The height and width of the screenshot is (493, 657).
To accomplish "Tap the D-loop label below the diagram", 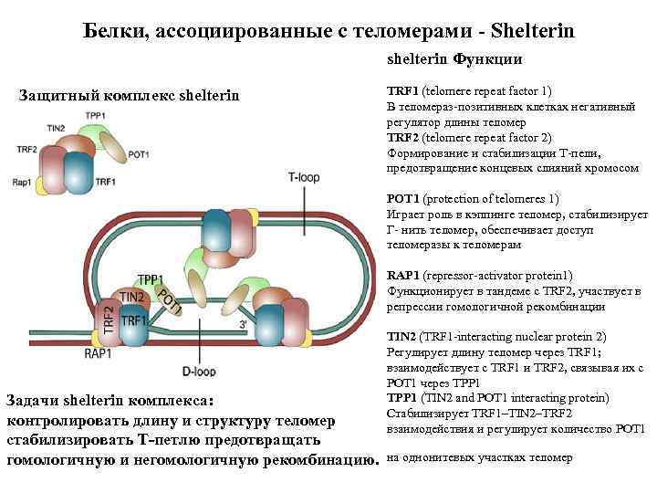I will (x=198, y=371).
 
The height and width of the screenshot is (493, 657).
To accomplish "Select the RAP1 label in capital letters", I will (x=98, y=352).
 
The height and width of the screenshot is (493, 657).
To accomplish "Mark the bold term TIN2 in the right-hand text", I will (x=402, y=337).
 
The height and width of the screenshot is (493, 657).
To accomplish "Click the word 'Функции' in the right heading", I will (x=493, y=59).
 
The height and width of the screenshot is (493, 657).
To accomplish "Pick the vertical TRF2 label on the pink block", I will (x=109, y=321).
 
